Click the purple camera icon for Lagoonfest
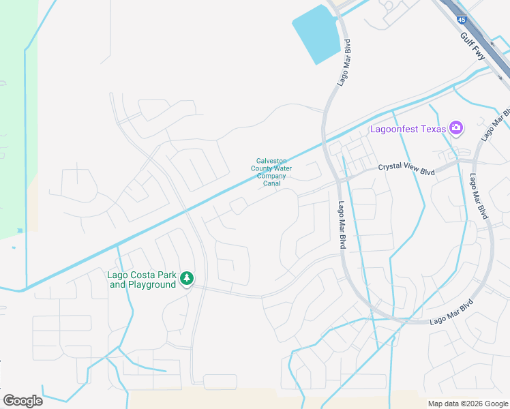(456, 127)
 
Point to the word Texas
(434, 128)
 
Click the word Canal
(271, 183)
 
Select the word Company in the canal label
(271, 176)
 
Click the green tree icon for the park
(187, 278)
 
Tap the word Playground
(152, 284)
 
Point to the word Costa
(139, 275)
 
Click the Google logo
(22, 401)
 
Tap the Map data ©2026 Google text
(467, 404)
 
